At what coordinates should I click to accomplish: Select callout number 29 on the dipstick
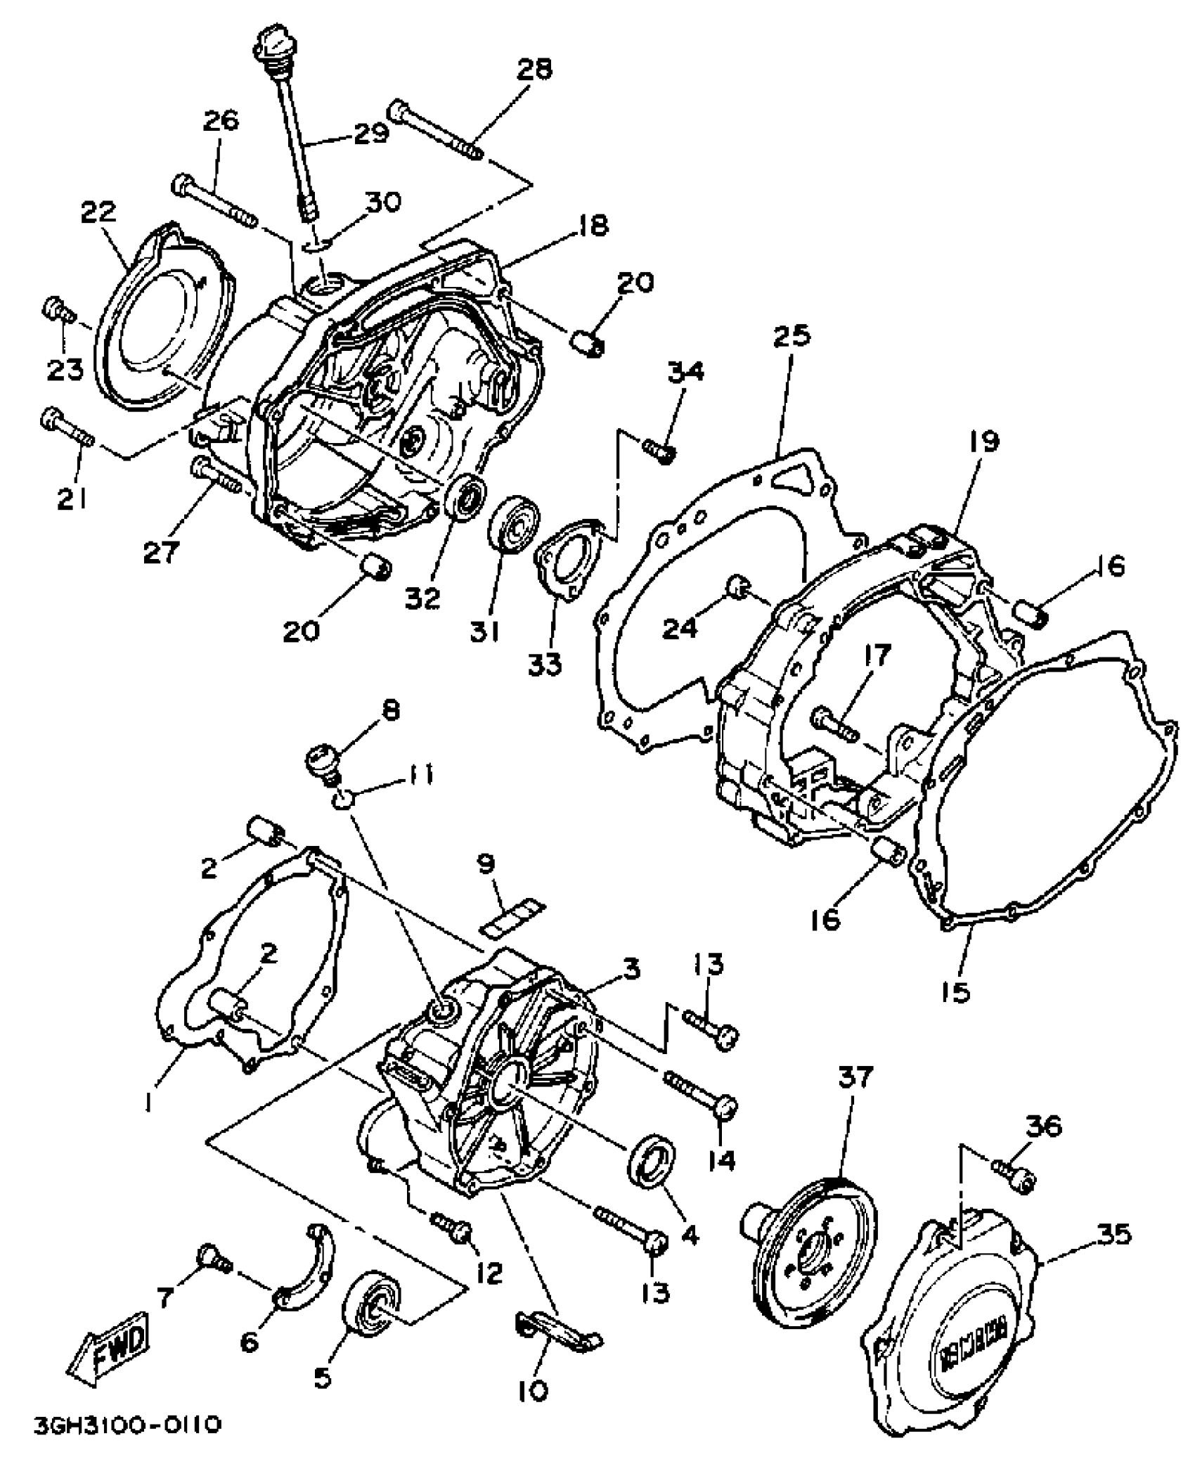tap(370, 133)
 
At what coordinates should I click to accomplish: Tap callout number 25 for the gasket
tap(792, 335)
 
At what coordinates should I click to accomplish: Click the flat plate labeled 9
tap(512, 917)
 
